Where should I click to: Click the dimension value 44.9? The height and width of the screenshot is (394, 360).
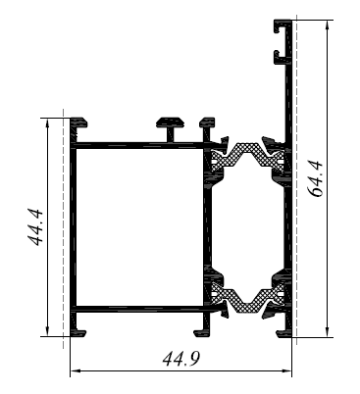(x=180, y=359)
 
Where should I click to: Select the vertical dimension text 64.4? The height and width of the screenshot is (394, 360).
(x=316, y=178)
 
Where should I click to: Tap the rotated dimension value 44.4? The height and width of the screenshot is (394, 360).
(x=35, y=227)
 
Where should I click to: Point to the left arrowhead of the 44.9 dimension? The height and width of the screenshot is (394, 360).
(x=76, y=370)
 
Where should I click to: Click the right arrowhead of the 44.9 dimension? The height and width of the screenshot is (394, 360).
(x=286, y=370)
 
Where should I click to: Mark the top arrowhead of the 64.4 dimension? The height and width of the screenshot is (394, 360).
(x=327, y=25)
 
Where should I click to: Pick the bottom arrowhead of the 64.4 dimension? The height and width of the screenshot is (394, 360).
(x=327, y=331)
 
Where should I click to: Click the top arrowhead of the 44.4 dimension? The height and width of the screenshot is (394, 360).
(x=48, y=123)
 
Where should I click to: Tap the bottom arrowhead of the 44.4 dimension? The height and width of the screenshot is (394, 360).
(x=48, y=331)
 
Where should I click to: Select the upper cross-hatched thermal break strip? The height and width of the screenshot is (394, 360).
(x=247, y=155)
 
